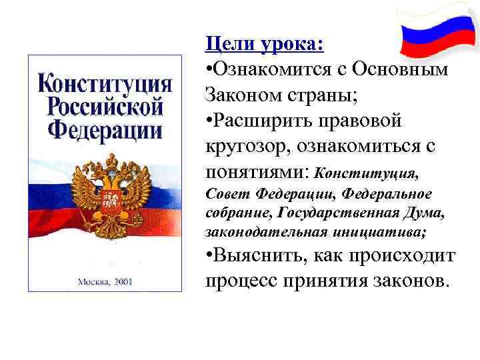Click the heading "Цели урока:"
265,44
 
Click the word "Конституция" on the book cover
105,85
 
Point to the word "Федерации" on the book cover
105,127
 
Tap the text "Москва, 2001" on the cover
105,281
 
